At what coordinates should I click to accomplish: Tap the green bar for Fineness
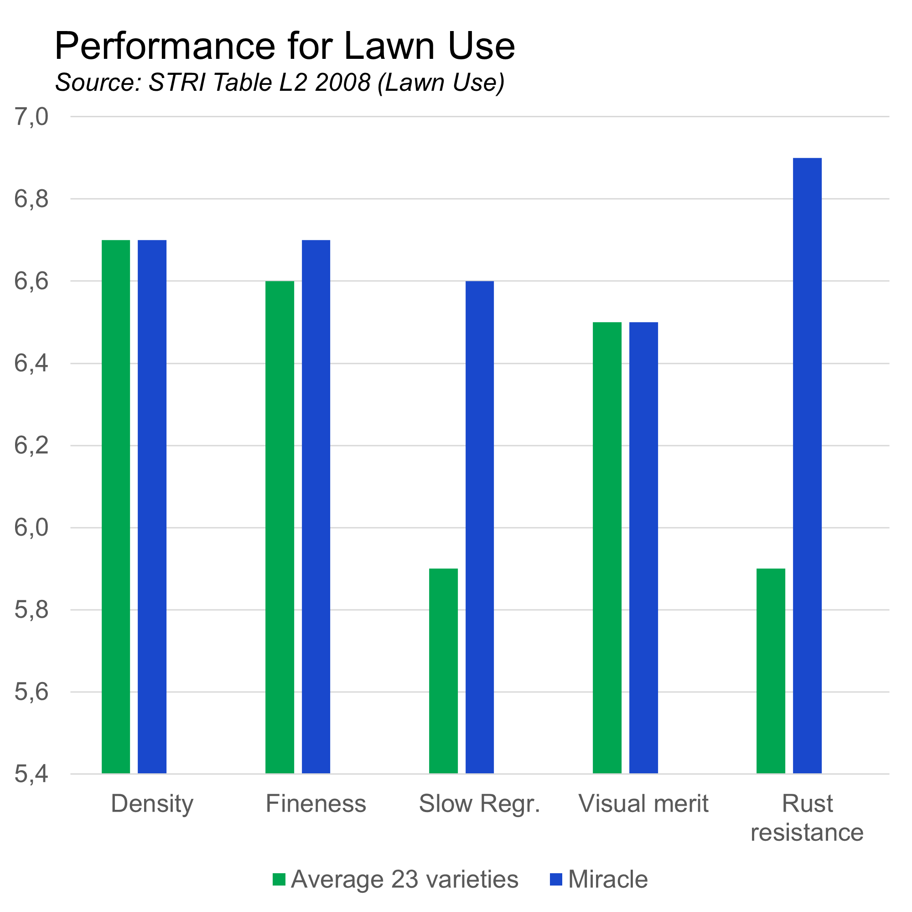280,527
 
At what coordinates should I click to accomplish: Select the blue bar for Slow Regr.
480,527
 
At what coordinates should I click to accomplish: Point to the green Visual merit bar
607,548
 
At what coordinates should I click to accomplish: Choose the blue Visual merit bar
643,548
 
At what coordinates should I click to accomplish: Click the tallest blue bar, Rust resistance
807,466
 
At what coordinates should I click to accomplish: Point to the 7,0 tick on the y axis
31,117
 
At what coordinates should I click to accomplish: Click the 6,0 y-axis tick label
31,527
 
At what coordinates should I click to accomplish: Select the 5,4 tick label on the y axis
31,775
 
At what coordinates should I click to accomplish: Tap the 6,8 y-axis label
31,199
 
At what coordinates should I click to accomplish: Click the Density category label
152,804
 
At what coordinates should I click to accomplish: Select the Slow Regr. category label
479,804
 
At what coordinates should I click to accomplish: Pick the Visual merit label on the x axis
643,804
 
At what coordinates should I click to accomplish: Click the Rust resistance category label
807,818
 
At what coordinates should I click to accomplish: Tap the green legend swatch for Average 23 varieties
279,880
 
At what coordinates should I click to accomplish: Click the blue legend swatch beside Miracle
556,880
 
